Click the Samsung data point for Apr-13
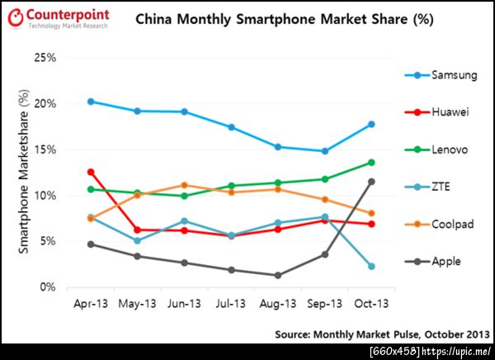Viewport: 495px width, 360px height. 90,102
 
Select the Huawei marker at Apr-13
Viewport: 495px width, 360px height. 90,172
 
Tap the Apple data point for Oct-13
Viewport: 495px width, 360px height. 372,182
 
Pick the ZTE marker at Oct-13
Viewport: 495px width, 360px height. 372,266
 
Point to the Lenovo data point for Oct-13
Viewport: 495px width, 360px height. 372,162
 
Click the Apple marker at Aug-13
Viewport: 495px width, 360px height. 278,275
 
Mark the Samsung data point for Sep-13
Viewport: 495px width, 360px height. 325,151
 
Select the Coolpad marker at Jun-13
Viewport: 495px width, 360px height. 184,185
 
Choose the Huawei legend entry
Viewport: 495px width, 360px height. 437,112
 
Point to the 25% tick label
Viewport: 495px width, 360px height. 45,58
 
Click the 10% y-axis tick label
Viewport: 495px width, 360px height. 45,196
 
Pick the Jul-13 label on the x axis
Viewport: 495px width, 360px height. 231,303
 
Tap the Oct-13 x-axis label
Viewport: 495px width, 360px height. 372,303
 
